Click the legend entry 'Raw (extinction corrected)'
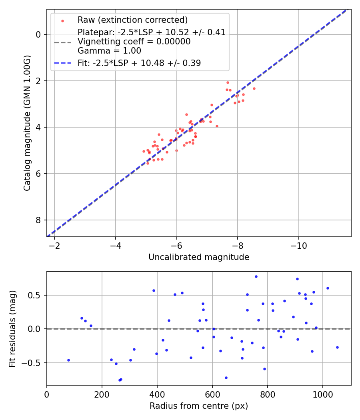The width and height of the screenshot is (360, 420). tap(132, 20)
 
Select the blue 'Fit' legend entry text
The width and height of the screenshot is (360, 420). tap(139, 63)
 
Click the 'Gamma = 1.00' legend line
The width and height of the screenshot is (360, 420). tap(109, 51)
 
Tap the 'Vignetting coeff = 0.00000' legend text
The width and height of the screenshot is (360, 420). tap(134, 42)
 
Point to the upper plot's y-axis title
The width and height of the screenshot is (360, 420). tap(27, 123)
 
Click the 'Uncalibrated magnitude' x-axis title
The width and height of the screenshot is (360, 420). tap(199, 257)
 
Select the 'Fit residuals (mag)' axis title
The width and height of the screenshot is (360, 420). tap(12, 328)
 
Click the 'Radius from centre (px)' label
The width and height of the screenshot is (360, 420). tap(199, 406)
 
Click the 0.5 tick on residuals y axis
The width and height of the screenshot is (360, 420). tap(36, 295)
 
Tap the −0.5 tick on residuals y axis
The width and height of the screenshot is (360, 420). tap(34, 363)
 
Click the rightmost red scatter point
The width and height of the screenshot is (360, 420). tap(254, 88)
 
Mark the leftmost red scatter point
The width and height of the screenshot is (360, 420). tap(144, 151)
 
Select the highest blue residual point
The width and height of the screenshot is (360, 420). tap(256, 276)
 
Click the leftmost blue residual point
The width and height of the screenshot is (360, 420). tap(68, 360)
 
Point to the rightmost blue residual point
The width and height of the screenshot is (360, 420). tap(337, 347)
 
